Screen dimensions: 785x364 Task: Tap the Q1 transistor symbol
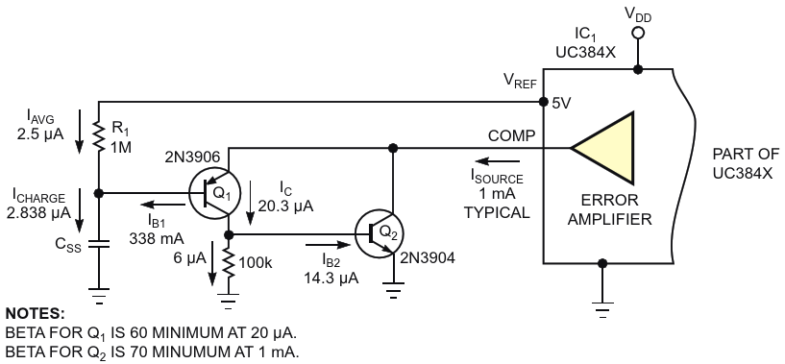[215, 194]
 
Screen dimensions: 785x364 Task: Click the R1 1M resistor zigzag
[99, 135]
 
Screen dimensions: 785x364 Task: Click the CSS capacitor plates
[99, 246]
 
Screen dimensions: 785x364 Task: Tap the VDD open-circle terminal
[638, 34]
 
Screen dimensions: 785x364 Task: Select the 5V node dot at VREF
[544, 102]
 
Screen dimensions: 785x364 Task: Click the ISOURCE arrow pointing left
[497, 161]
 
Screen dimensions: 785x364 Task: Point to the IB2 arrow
[328, 245]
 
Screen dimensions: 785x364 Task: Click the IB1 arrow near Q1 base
[162, 205]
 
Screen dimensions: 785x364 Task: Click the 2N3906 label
[192, 158]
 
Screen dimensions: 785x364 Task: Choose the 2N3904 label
[428, 258]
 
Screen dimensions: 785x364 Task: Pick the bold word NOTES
[35, 314]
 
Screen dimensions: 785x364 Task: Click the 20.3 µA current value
[286, 206]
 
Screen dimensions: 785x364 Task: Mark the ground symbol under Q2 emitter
[394, 291]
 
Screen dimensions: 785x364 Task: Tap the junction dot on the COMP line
[393, 148]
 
